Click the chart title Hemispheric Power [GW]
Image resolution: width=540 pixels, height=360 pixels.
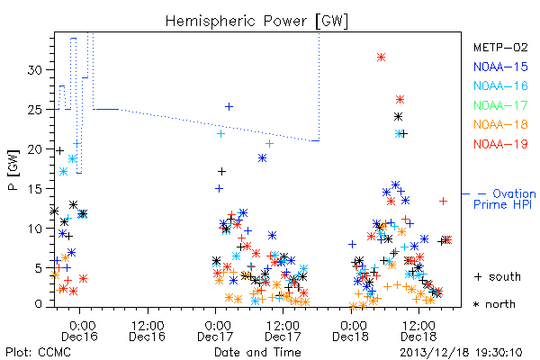coord(256,21)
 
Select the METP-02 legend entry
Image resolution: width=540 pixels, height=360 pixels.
coord(500,47)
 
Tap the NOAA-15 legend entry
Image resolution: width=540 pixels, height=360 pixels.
coord(500,67)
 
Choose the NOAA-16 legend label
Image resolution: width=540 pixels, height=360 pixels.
coord(500,85)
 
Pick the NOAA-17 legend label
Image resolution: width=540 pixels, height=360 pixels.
coord(500,105)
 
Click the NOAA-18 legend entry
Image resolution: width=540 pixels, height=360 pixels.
coord(500,124)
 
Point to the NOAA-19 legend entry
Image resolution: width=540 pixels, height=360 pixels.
coord(500,144)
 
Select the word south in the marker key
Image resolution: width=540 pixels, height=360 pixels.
coord(505,276)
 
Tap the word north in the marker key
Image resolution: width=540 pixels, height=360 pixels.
coord(500,304)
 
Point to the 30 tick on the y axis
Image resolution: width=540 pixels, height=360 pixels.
coord(34,70)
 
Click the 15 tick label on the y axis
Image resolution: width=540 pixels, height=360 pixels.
coord(34,189)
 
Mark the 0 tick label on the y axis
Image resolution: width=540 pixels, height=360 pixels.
coord(38,304)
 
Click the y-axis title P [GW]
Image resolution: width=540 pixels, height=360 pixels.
coord(13,170)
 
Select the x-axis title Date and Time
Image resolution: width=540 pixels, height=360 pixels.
coord(257,352)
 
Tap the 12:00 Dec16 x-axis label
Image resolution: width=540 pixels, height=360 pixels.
coord(148,331)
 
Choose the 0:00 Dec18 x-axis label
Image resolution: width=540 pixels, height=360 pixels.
coord(351,331)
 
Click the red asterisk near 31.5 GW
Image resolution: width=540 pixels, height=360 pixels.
coord(381,58)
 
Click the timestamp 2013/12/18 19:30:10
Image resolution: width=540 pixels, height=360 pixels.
coord(461,353)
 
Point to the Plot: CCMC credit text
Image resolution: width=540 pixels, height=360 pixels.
coord(38,353)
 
